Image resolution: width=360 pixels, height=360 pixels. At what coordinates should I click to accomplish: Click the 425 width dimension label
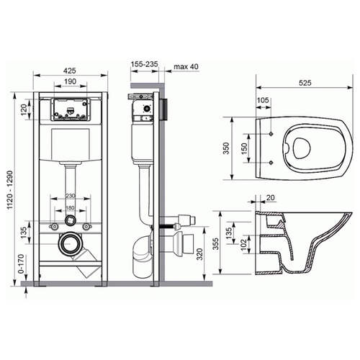[70, 71]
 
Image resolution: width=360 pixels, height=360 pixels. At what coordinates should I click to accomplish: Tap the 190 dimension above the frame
[70, 81]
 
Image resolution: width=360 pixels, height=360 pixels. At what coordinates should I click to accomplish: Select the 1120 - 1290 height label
[10, 189]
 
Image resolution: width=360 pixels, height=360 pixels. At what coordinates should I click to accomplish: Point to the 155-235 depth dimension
[145, 64]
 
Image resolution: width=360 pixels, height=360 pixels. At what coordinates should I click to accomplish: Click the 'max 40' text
[186, 66]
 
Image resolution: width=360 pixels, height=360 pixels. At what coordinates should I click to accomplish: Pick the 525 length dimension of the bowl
[305, 83]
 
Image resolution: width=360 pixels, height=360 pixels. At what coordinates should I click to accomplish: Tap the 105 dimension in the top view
[263, 100]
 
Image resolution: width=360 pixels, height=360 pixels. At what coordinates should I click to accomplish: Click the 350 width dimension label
[226, 148]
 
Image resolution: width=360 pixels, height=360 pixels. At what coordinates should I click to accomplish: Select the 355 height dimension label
[216, 244]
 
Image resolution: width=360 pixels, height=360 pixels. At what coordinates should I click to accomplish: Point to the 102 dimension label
[243, 245]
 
